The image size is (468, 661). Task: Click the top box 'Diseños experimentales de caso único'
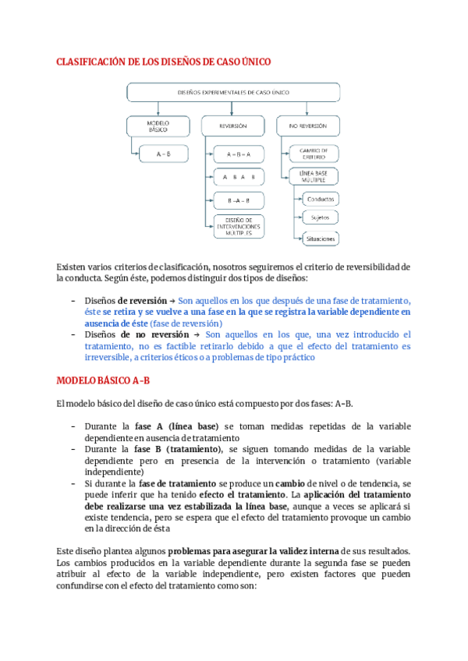pos(233,92)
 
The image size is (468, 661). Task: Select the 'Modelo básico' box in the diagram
pos(158,126)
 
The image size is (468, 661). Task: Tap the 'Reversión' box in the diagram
pos(233,125)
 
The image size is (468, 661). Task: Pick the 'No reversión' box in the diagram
pos(308,125)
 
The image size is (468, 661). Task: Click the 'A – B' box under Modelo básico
pos(164,154)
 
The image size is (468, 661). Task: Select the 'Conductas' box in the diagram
pos(321,200)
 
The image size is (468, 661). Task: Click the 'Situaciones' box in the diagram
pos(321,238)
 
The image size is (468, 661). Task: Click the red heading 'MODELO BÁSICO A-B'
pos(103,381)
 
